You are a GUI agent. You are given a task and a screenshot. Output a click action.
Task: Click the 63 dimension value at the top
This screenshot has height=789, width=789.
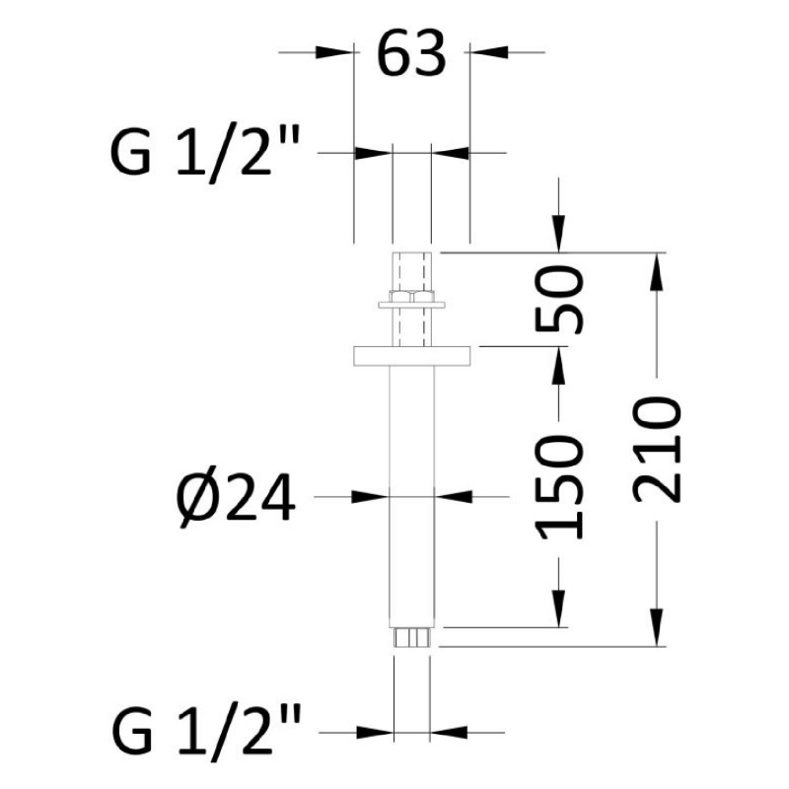pyautogui.click(x=411, y=54)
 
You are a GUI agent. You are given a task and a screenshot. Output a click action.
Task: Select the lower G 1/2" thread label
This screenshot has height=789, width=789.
pyautogui.click(x=206, y=731)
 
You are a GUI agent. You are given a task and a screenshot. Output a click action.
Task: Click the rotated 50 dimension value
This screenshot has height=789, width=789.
pyautogui.click(x=559, y=301)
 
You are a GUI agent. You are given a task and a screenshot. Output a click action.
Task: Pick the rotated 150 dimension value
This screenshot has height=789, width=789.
pyautogui.click(x=559, y=487)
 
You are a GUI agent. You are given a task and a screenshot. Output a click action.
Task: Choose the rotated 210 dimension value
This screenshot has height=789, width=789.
pyautogui.click(x=657, y=450)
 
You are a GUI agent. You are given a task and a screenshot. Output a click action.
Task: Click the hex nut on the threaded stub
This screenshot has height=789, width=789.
pyautogui.click(x=411, y=296)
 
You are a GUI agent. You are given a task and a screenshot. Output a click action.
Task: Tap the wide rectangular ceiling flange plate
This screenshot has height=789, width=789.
pyautogui.click(x=411, y=356)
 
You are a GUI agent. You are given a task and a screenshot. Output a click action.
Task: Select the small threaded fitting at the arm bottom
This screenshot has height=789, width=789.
pyautogui.click(x=411, y=637)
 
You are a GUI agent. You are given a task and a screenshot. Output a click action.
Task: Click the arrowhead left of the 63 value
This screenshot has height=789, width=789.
pyautogui.click(x=334, y=52)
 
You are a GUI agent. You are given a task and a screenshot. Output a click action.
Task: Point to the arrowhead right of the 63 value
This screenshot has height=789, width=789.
pyautogui.click(x=489, y=52)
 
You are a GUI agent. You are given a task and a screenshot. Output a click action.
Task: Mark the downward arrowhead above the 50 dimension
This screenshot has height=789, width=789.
pyautogui.click(x=558, y=234)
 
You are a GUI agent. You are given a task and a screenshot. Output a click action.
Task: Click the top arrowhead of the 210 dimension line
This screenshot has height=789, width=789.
pyautogui.click(x=657, y=271)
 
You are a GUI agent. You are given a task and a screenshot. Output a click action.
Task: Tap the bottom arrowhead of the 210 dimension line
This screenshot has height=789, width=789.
pyautogui.click(x=657, y=627)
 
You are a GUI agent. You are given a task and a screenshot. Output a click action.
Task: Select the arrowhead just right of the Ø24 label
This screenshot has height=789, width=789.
pyautogui.click(x=371, y=497)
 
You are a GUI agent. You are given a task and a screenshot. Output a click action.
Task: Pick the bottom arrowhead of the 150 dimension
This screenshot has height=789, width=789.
pyautogui.click(x=558, y=609)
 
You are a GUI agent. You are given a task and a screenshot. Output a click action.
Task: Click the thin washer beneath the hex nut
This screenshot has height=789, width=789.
pyautogui.click(x=411, y=305)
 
